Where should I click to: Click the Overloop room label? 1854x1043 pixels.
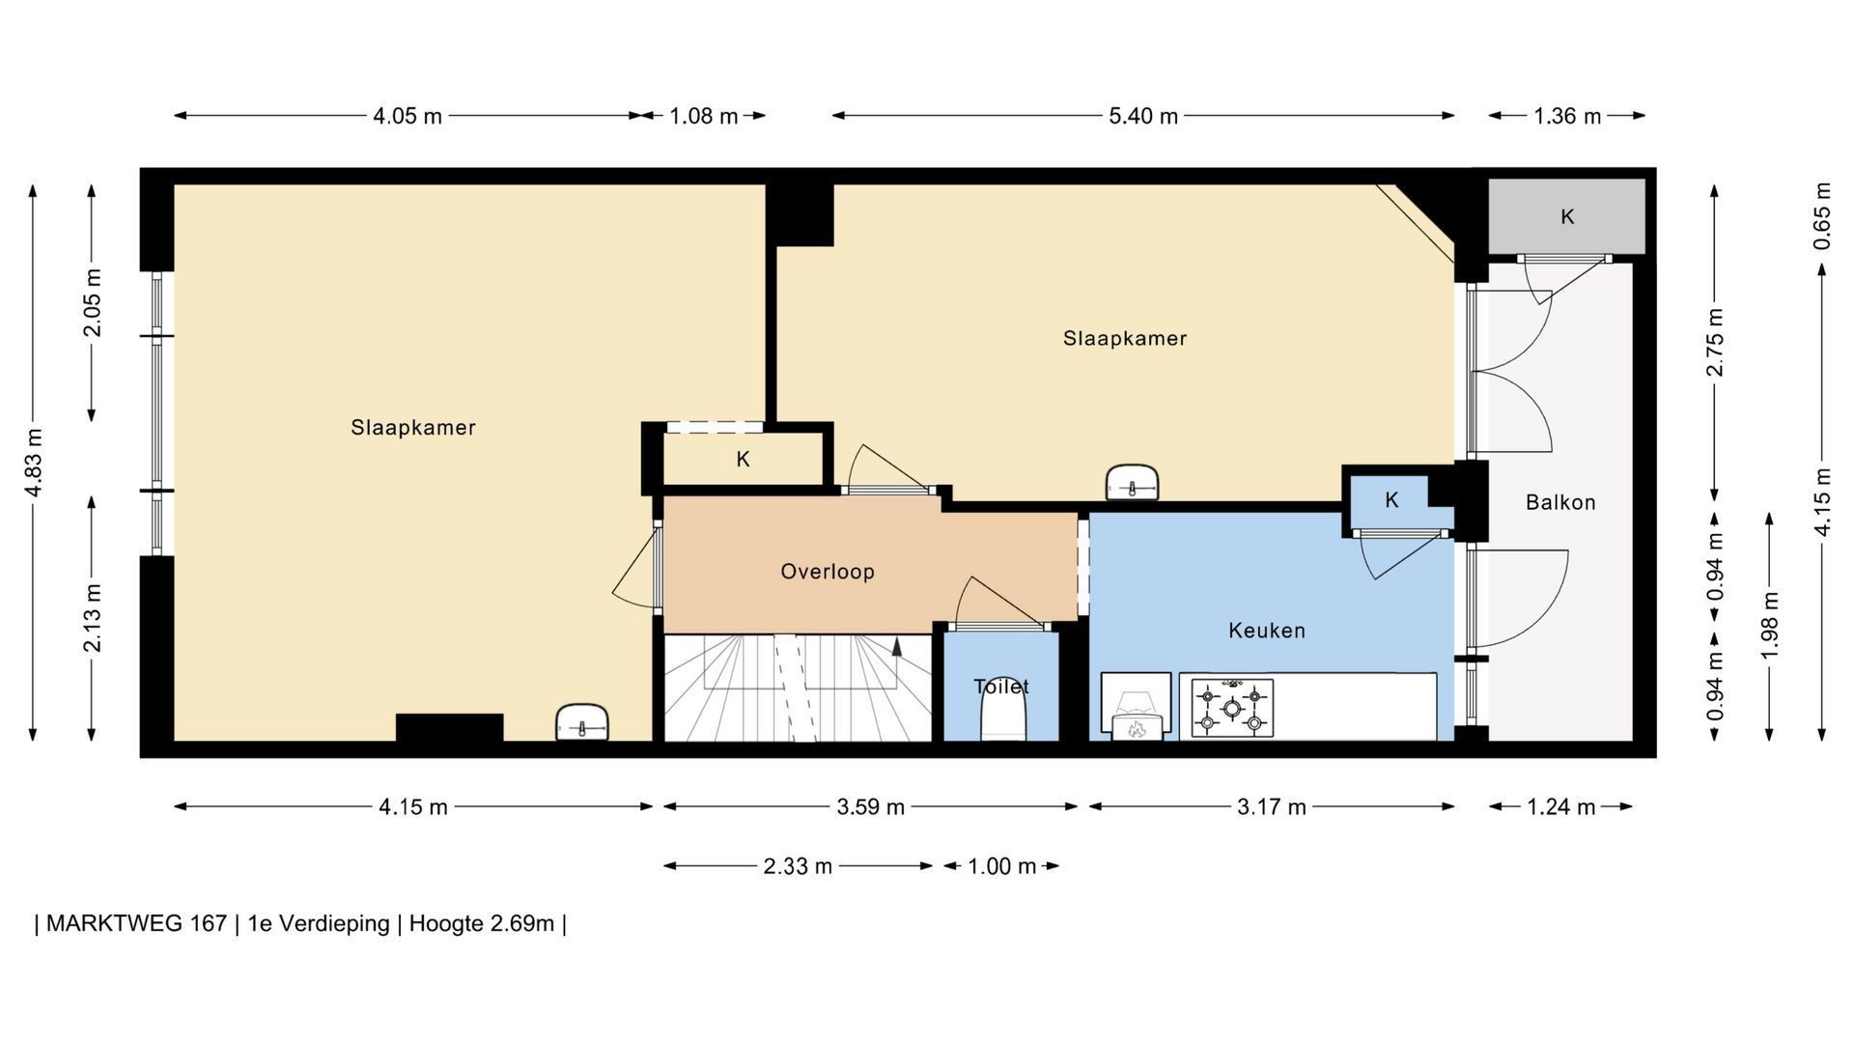pyautogui.click(x=828, y=572)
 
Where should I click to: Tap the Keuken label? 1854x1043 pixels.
pyautogui.click(x=1267, y=631)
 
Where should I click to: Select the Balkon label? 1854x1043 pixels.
pyautogui.click(x=1560, y=502)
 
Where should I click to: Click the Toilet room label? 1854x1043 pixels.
pyautogui.click(x=1001, y=687)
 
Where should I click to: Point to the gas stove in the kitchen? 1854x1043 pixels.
pyautogui.click(x=1232, y=709)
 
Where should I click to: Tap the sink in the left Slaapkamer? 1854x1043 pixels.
pyautogui.click(x=582, y=722)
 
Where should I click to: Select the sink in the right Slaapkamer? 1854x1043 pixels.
pyautogui.click(x=1132, y=482)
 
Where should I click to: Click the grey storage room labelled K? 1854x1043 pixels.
pyautogui.click(x=1566, y=217)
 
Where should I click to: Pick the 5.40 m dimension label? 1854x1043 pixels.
pyautogui.click(x=1143, y=117)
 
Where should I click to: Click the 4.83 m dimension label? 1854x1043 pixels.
pyautogui.click(x=34, y=463)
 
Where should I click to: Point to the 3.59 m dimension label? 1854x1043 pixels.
pyautogui.click(x=871, y=807)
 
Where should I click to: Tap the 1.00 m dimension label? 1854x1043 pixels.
pyautogui.click(x=1002, y=866)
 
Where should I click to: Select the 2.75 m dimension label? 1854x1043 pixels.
pyautogui.click(x=1715, y=343)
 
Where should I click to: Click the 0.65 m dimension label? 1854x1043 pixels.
pyautogui.click(x=1822, y=215)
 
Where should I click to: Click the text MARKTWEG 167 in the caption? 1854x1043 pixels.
pyautogui.click(x=136, y=923)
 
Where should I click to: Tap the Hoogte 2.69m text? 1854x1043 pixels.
pyautogui.click(x=482, y=923)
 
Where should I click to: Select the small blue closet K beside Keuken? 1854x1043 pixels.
pyautogui.click(x=1391, y=500)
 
